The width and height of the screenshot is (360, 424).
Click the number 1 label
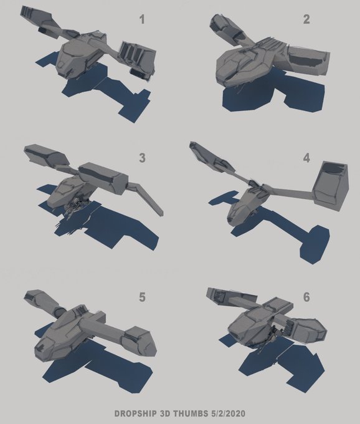(x=142, y=19)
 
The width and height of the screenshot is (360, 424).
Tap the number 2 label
(x=306, y=19)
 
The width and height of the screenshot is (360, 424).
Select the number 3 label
(x=142, y=158)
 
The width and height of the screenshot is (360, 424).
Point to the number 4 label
(x=306, y=158)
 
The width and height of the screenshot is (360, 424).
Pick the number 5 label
(x=142, y=297)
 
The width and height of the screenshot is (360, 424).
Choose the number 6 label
(x=306, y=297)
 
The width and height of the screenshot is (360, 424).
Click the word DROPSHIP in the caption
(x=136, y=413)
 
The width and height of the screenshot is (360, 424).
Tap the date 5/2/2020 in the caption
(x=227, y=413)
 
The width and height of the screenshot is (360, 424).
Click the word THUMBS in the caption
(x=189, y=413)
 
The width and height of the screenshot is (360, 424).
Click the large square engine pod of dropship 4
(x=331, y=186)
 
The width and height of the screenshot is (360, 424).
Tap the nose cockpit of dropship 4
(x=235, y=214)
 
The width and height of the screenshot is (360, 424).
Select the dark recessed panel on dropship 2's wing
(x=305, y=60)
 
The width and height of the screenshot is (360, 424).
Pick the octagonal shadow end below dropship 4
(x=315, y=244)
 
